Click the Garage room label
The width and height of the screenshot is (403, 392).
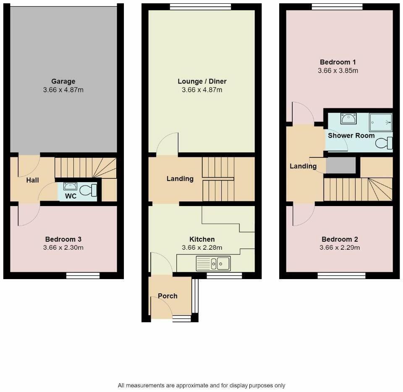point(63,81)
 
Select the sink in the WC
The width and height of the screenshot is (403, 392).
point(68,186)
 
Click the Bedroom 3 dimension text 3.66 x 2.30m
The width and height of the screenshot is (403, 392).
point(63,248)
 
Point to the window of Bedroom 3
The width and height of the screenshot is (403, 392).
point(83,275)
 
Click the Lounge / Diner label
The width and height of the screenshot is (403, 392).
point(202,81)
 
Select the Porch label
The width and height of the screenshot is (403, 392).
point(167,296)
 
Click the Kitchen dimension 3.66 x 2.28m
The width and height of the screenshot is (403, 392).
point(202,248)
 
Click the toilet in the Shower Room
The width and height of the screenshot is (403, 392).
point(384,144)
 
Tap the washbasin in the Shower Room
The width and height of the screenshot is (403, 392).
point(348,119)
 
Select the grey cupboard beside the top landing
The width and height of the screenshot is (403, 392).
point(341,165)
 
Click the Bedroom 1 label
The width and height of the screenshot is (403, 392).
point(338,63)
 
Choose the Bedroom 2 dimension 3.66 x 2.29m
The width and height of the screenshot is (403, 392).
point(340,248)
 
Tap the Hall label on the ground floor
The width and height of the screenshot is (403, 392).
point(32,180)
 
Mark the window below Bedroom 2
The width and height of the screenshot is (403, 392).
point(341,275)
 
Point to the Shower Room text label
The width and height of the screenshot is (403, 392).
point(351,136)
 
